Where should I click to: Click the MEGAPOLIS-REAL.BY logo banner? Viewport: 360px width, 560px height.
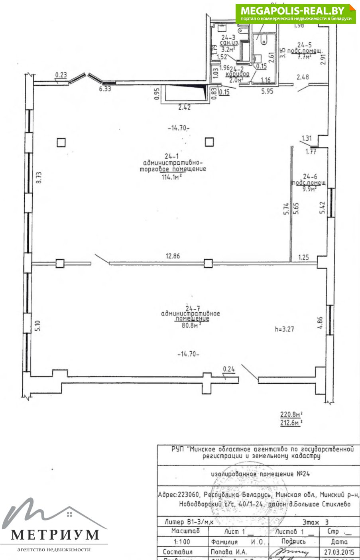coord(295,14)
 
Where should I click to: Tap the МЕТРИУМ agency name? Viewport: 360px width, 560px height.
coord(55,534)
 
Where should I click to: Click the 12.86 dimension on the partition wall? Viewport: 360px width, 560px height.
coord(173,256)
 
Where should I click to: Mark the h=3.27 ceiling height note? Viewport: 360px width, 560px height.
coord(284,329)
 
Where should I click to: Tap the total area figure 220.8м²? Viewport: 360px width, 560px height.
coord(291,415)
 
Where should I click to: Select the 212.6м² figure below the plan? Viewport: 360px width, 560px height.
coord(291,423)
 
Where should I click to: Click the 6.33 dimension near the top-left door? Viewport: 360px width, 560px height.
coord(105,89)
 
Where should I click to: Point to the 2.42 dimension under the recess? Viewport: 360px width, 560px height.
coord(184,107)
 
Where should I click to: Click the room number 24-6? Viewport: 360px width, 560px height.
coord(310,176)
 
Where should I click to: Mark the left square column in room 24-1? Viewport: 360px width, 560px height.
coord(61,142)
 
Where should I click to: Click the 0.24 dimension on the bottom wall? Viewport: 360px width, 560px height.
coord(229,369)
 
